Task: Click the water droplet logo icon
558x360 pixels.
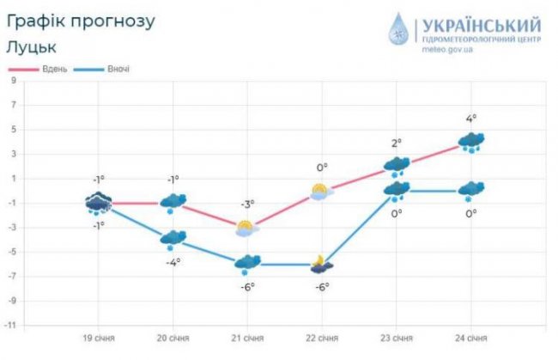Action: point(399,29)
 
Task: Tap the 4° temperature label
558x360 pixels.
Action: point(470,119)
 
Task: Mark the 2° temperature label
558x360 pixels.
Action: point(397,143)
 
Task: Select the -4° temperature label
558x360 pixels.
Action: point(173,261)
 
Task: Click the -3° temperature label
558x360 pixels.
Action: point(246,204)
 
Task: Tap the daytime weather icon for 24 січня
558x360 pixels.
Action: point(471,142)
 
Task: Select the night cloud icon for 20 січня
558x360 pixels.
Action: point(173,239)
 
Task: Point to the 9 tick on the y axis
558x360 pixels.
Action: point(14,81)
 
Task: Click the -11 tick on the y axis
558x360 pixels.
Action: point(12,325)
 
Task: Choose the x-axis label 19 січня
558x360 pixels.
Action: point(99,339)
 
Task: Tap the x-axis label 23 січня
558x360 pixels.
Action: point(397,339)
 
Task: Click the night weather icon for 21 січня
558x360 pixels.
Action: point(247,263)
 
